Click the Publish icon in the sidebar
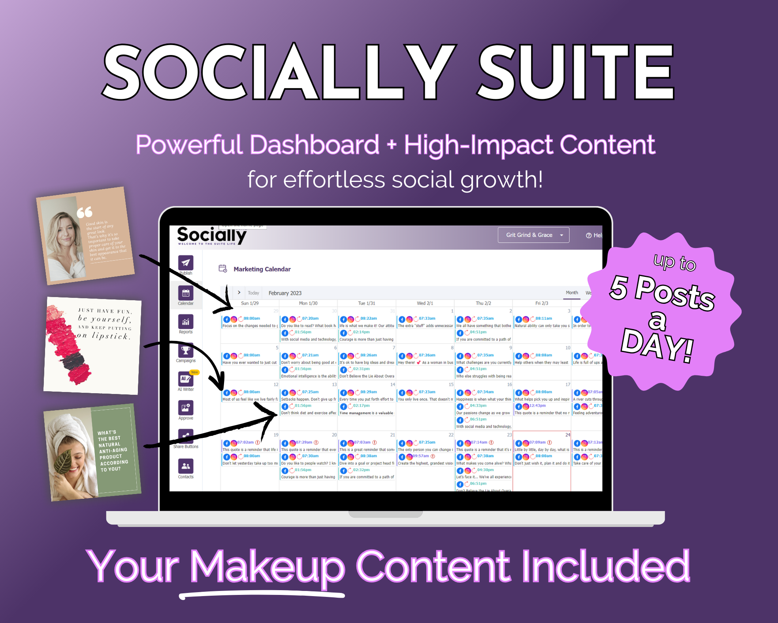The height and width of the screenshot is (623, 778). click(185, 263)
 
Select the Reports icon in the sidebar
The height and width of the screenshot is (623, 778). click(185, 322)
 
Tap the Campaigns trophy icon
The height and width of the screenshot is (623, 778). click(185, 350)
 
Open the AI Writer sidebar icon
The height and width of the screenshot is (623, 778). click(185, 379)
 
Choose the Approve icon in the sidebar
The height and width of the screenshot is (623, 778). click(185, 408)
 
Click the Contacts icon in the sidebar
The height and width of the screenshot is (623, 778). click(185, 466)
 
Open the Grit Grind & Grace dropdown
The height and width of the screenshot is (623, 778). click(533, 235)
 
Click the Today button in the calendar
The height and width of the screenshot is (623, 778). click(253, 293)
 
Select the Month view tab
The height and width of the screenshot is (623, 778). click(571, 293)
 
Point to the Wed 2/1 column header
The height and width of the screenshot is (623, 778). click(425, 303)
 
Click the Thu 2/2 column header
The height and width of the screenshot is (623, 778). click(483, 303)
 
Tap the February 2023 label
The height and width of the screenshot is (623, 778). click(285, 293)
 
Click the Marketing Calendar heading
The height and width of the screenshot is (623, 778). click(262, 269)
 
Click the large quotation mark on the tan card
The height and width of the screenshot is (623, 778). click(85, 212)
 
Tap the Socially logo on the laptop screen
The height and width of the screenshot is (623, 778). click(211, 235)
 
